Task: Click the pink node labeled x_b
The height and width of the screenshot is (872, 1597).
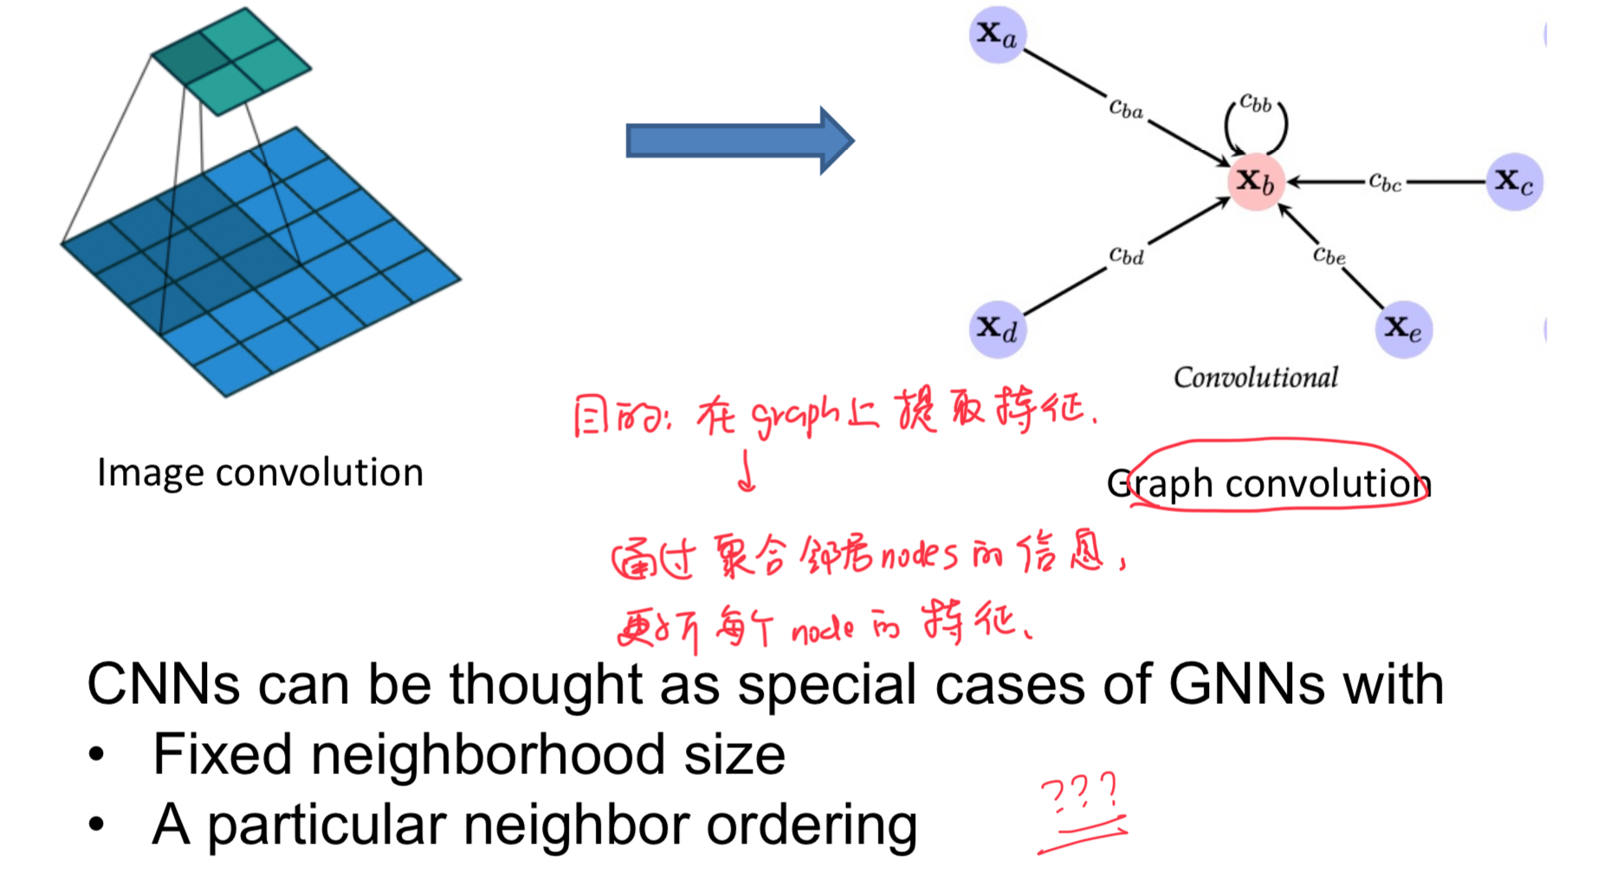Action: (x=1255, y=182)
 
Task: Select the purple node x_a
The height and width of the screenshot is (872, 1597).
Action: (x=997, y=35)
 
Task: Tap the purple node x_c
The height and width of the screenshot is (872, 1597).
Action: (x=1514, y=182)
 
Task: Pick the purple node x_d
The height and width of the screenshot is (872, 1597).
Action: (x=997, y=329)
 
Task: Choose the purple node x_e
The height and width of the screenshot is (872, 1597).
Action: (x=1403, y=329)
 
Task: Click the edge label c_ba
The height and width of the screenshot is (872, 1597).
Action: (x=1126, y=108)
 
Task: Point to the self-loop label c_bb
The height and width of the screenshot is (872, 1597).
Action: (x=1255, y=104)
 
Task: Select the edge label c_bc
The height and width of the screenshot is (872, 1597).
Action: (x=1385, y=182)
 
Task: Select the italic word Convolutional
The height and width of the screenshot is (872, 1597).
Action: (x=1255, y=378)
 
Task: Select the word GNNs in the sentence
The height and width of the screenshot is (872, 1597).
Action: (x=1246, y=685)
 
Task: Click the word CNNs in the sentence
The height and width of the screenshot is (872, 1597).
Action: (x=163, y=685)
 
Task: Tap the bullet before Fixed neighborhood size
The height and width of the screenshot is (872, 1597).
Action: (x=96, y=755)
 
